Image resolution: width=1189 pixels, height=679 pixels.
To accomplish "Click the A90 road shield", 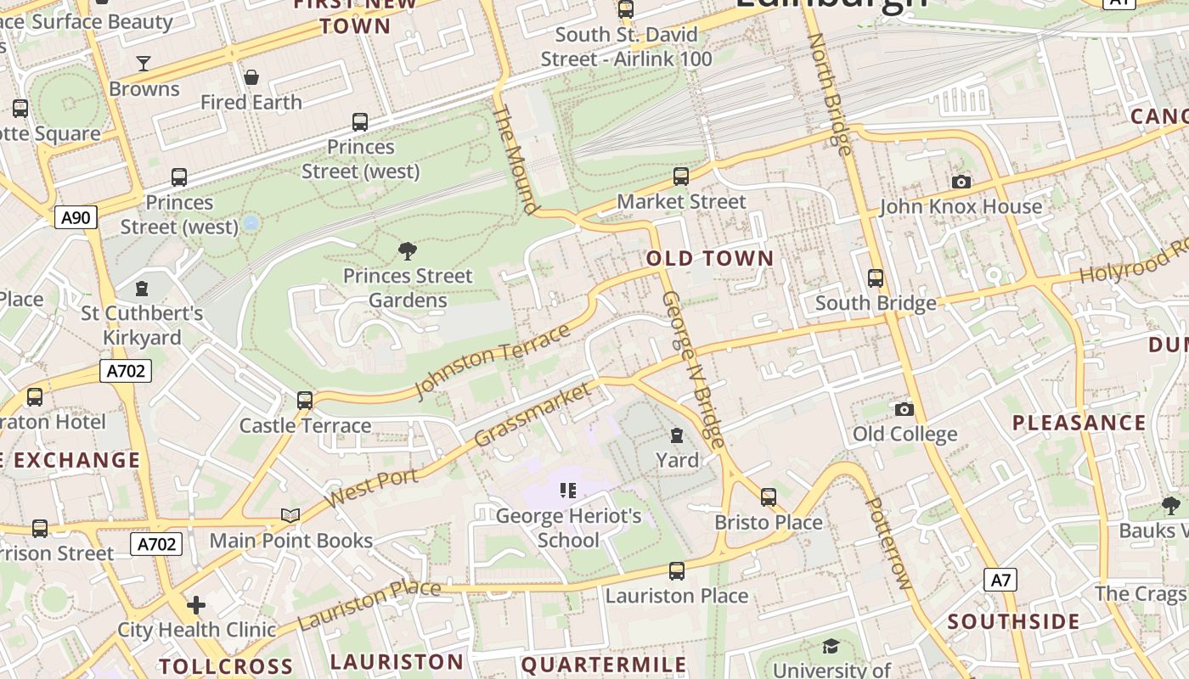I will [76, 217].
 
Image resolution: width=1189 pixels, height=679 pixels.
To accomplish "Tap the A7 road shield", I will [1000, 580].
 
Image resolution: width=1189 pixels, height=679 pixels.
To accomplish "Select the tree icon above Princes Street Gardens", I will [408, 250].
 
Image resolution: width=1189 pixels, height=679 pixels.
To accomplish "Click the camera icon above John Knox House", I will [961, 182].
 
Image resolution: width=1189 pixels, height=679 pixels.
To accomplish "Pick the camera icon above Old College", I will [904, 409].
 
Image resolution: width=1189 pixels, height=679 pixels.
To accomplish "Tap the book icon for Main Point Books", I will [290, 515].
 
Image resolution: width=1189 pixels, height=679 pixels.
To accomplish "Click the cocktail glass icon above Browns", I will [144, 64].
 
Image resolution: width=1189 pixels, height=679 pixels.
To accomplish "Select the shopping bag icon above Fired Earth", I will [251, 77].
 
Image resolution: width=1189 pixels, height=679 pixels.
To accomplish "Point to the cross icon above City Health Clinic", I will [196, 604].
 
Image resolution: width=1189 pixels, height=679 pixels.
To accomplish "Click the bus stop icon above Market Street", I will [681, 177].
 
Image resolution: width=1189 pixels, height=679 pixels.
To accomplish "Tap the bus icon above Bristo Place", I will [769, 497].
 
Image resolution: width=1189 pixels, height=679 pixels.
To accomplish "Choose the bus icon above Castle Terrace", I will [305, 400].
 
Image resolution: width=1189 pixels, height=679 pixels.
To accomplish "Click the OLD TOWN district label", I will [710, 259].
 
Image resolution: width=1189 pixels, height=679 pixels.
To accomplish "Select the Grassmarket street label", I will [532, 414].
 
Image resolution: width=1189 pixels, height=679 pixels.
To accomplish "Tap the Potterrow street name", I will [888, 543].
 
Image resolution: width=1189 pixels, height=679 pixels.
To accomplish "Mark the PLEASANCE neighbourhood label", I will [1079, 423].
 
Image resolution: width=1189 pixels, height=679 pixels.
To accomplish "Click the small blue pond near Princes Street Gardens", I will [251, 223].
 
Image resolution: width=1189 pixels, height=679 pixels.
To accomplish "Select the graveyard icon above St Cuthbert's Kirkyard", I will [142, 289].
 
